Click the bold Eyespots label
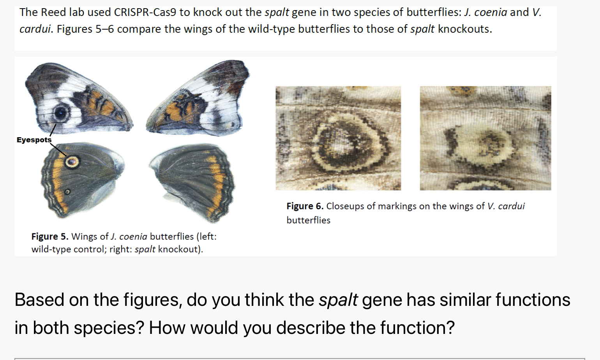(x=34, y=140)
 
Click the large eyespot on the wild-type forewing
(x=61, y=113)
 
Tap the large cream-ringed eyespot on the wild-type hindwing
(x=72, y=161)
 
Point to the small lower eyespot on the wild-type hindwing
(x=67, y=192)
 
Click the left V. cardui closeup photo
(x=338, y=138)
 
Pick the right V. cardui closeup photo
(x=485, y=138)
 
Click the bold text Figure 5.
(x=50, y=236)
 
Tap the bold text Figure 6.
(x=305, y=206)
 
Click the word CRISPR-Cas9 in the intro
(x=145, y=12)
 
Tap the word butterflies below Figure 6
(x=308, y=220)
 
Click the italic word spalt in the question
(x=338, y=300)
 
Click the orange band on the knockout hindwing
(x=218, y=183)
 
